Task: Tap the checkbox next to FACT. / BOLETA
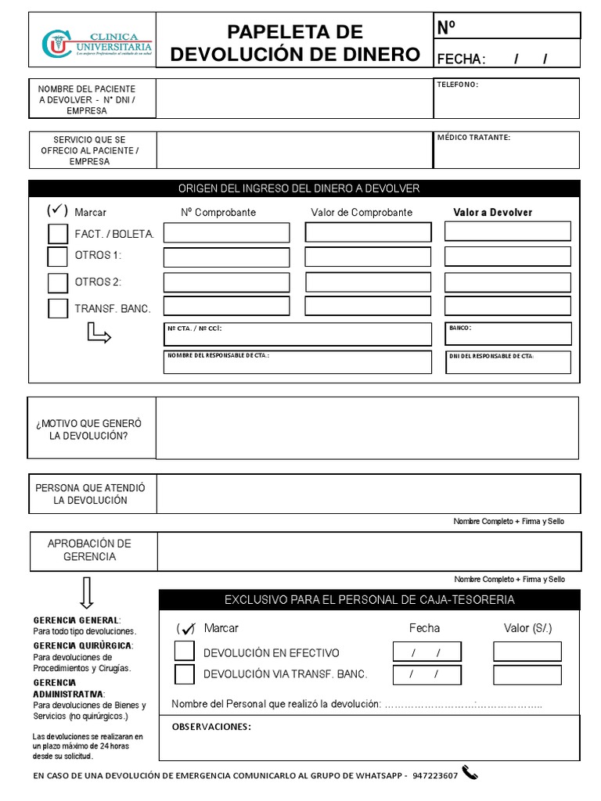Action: click(x=58, y=233)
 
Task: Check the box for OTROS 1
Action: click(x=58, y=257)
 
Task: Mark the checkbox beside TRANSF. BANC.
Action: click(x=58, y=308)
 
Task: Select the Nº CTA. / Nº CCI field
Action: click(x=297, y=335)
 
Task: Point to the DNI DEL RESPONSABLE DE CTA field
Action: click(x=508, y=362)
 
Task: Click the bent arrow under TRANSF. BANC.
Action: click(x=99, y=335)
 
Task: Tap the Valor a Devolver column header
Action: click(x=493, y=212)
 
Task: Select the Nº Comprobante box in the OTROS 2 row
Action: click(x=226, y=282)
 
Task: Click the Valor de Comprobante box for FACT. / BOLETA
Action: click(x=368, y=232)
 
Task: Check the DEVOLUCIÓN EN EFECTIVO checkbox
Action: click(x=185, y=651)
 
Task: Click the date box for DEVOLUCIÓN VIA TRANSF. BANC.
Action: click(x=426, y=674)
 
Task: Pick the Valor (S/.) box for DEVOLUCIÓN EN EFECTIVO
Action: click(x=527, y=652)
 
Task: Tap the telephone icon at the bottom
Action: click(x=470, y=774)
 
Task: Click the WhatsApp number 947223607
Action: click(x=435, y=775)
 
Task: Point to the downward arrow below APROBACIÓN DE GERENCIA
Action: click(x=87, y=593)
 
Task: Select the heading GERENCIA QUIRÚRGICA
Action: click(x=83, y=645)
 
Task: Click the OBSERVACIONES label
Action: click(x=211, y=727)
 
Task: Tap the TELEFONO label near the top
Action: click(x=458, y=84)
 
